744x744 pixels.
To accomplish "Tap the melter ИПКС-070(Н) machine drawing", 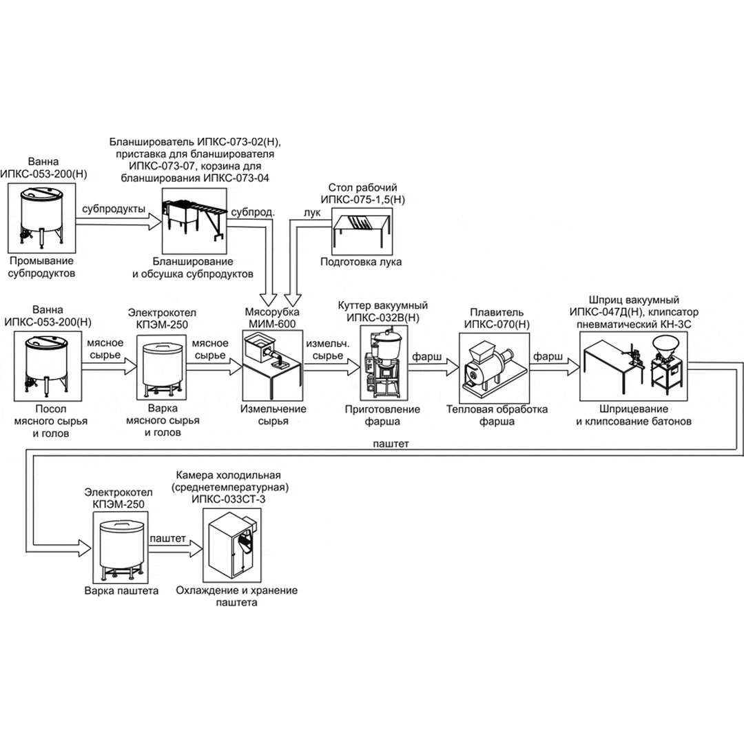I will click(493, 365).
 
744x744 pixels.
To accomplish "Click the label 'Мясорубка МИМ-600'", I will click(272, 317).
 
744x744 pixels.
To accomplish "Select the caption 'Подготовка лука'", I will click(361, 262).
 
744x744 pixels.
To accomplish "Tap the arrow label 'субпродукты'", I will click(113, 209).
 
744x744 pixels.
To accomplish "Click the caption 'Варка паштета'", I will click(122, 591).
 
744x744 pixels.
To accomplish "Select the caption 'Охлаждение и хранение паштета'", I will click(236, 596).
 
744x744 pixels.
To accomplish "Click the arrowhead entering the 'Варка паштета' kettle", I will click(85, 548).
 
